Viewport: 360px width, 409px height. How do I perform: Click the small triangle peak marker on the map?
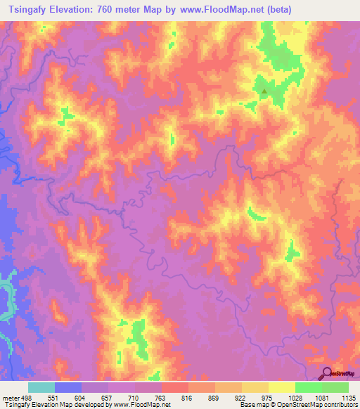(264, 91)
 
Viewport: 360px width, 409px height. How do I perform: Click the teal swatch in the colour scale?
(41, 387)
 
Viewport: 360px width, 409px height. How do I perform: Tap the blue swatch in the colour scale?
(68, 387)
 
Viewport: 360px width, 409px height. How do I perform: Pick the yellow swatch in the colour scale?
(282, 387)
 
